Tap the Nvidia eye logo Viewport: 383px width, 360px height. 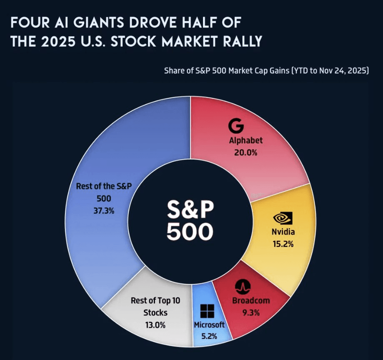click(x=283, y=218)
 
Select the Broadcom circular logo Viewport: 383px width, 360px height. click(x=242, y=286)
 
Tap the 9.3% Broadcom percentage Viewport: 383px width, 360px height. click(x=251, y=312)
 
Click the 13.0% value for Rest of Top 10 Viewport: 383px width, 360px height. click(x=155, y=325)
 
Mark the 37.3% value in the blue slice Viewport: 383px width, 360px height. click(x=104, y=210)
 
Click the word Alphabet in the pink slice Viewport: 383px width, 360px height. click(x=246, y=140)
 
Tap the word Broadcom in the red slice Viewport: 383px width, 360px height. click(x=251, y=300)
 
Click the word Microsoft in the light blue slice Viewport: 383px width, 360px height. click(x=209, y=325)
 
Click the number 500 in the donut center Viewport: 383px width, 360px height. click(x=190, y=232)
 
